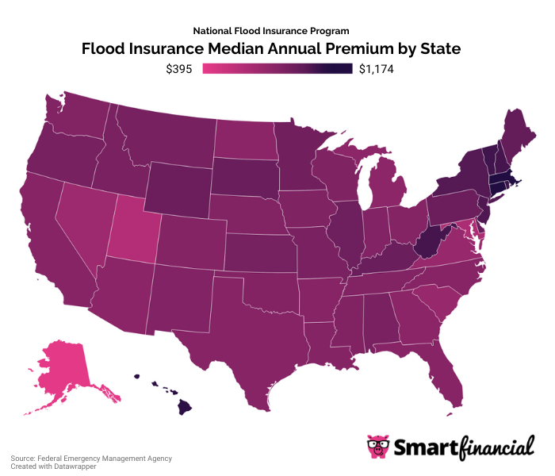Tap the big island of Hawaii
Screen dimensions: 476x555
pyautogui.click(x=184, y=407)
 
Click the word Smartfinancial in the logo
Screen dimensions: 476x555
pyautogui.click(x=464, y=448)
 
